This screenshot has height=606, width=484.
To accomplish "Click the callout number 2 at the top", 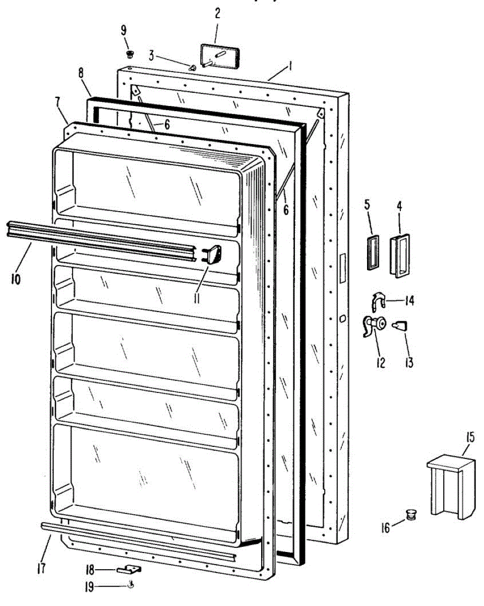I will point(217,13).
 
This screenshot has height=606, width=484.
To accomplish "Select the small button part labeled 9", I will point(130,53).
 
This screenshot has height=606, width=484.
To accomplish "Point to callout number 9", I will point(124,30).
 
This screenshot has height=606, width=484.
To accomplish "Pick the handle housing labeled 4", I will point(399,256).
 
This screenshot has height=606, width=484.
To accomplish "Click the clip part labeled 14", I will point(378,302).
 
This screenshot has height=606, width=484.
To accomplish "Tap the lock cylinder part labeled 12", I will point(374,326).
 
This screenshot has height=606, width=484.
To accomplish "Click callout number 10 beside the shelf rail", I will point(16,278).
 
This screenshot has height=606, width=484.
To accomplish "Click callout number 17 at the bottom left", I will point(41,568).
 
